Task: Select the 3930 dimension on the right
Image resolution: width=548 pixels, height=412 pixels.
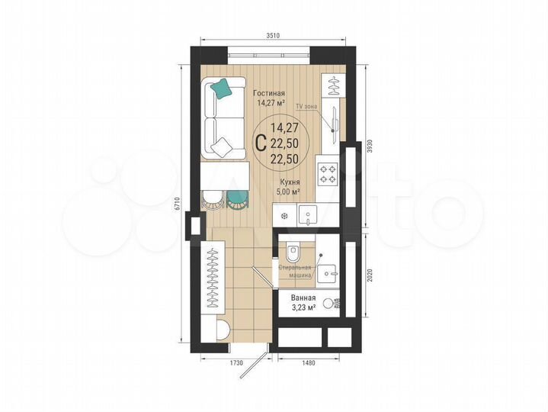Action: [x=370, y=148]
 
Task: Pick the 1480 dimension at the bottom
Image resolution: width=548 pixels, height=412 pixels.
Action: [x=308, y=362]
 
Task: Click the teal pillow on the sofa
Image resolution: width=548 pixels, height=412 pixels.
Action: [x=222, y=89]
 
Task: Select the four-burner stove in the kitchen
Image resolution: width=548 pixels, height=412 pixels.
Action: [x=328, y=174]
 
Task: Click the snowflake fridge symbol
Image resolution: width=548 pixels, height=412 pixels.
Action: [x=284, y=216]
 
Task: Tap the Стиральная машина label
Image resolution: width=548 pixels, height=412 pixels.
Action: [x=294, y=271]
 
